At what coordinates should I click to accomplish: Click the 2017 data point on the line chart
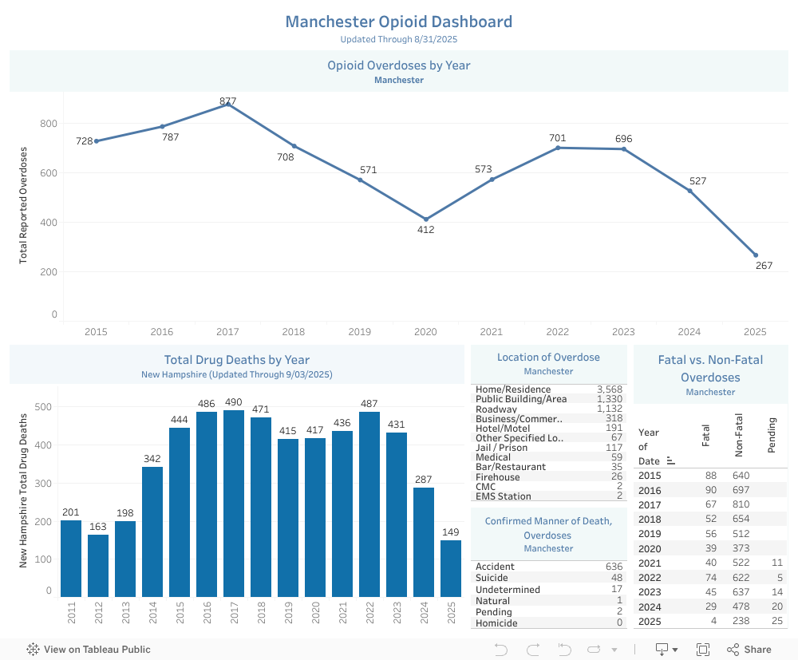click(228, 105)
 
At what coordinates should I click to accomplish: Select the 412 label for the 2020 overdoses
click(426, 230)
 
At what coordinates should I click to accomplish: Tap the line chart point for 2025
click(756, 255)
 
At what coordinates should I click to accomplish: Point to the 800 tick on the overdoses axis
click(49, 124)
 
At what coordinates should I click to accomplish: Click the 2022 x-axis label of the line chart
click(557, 331)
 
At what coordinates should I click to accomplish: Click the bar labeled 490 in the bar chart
click(234, 503)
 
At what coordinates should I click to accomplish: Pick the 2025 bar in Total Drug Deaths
click(451, 568)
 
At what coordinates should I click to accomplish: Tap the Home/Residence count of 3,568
click(610, 389)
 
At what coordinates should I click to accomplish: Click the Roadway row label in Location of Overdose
click(496, 409)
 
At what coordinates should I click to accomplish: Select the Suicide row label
click(492, 578)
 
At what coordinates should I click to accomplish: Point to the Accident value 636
click(614, 567)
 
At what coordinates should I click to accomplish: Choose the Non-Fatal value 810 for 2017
click(741, 505)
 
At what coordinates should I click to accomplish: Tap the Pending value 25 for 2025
click(776, 621)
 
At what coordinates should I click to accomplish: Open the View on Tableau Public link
click(89, 650)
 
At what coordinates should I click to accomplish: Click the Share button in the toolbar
click(749, 650)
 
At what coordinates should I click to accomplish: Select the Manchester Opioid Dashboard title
click(399, 22)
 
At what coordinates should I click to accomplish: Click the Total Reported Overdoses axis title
click(23, 205)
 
